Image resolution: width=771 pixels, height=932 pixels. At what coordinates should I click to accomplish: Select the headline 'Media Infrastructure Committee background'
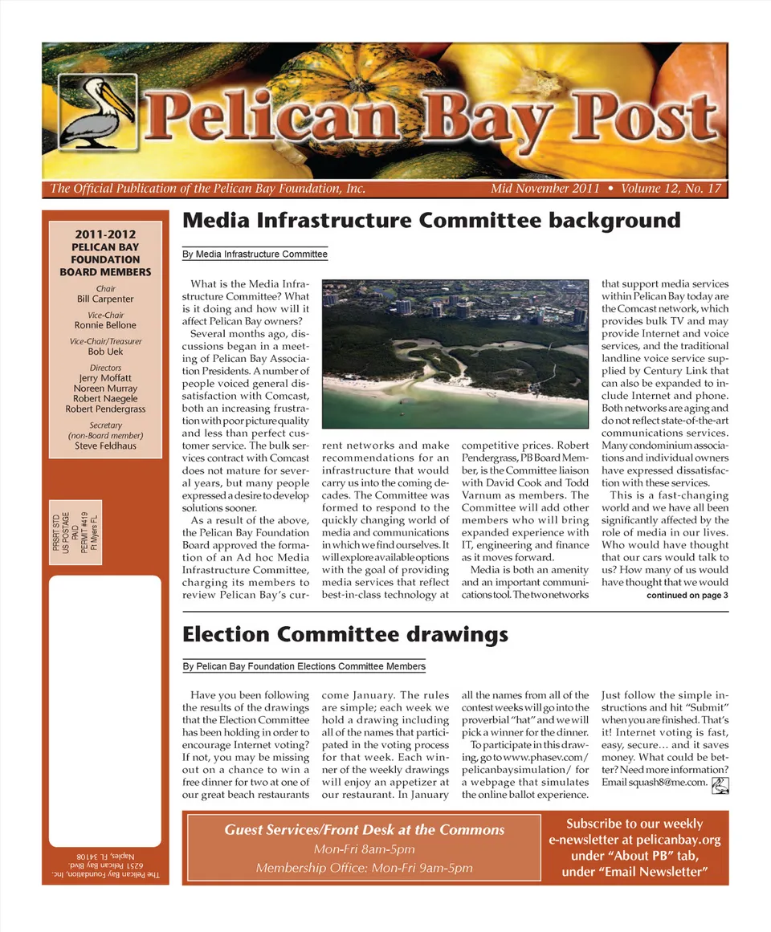(431, 221)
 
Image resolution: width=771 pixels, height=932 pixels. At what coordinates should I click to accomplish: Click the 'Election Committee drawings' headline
(345, 635)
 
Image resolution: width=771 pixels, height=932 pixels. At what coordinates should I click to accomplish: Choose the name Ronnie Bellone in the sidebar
(105, 325)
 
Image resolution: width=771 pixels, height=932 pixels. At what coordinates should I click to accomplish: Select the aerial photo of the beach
(455, 353)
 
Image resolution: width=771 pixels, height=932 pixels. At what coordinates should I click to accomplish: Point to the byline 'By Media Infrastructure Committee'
(255, 254)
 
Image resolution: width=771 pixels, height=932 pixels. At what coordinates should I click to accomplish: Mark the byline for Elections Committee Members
(304, 666)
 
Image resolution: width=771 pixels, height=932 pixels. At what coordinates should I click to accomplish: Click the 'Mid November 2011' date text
(545, 189)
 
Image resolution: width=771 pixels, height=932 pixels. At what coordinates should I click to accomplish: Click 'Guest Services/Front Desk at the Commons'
(364, 830)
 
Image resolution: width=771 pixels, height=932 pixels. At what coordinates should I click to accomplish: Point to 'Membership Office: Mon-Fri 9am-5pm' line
(364, 868)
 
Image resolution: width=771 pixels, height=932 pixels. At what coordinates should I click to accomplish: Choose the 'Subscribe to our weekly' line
(634, 824)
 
